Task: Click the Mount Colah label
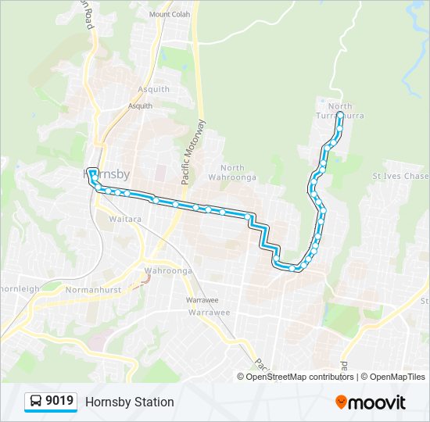(x=170, y=14)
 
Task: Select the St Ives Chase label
(x=398, y=176)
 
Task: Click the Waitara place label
(x=125, y=220)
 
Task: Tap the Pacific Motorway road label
(x=192, y=152)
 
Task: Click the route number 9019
(x=60, y=401)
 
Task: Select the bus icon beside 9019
(x=36, y=402)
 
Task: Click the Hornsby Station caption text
(x=130, y=402)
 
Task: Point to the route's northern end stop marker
(x=340, y=116)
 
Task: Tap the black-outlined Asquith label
(x=141, y=105)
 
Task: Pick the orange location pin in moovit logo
(x=342, y=402)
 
